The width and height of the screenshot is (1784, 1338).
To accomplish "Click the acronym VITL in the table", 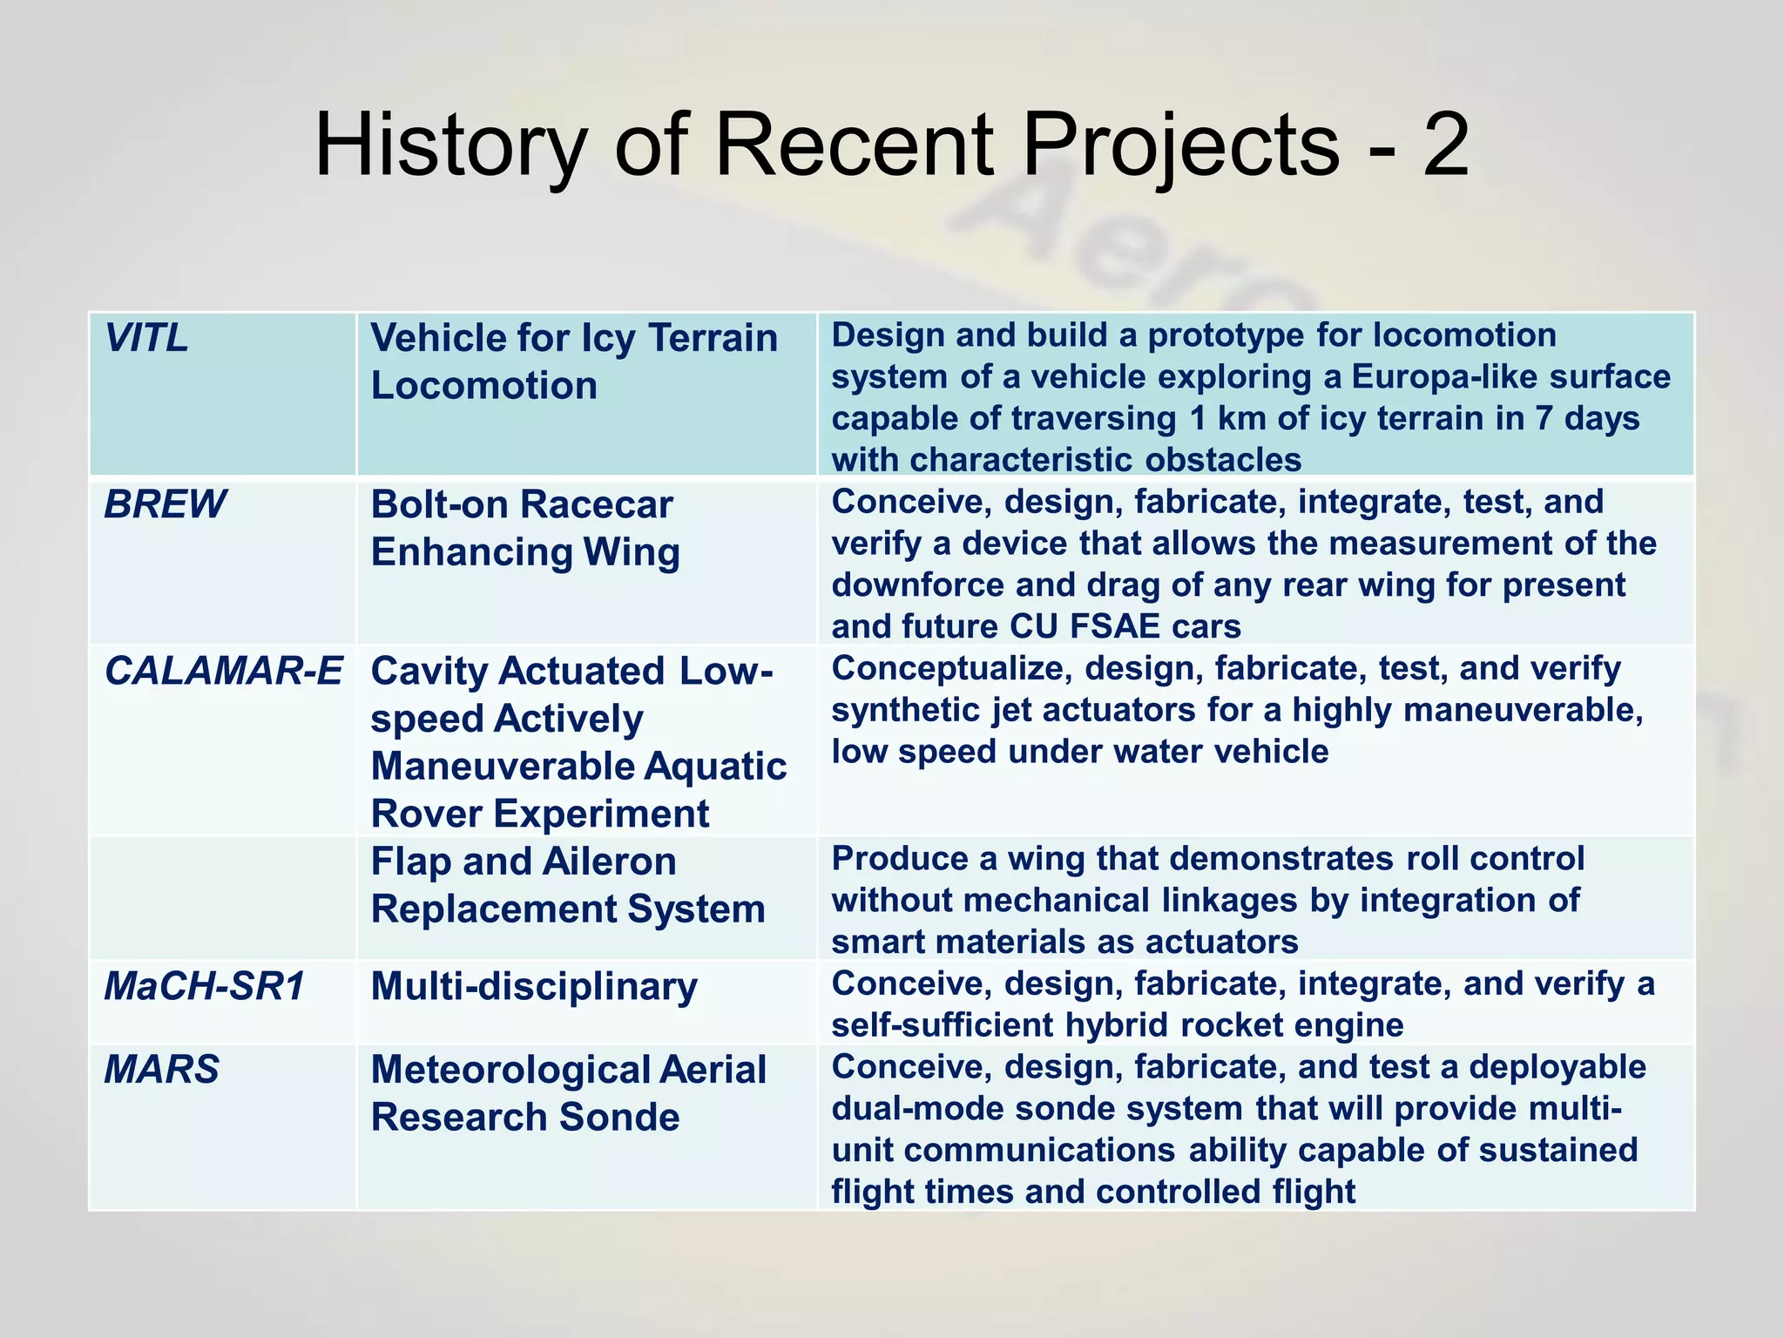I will pyautogui.click(x=146, y=338).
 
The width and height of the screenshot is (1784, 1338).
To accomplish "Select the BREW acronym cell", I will pyautogui.click(x=165, y=504).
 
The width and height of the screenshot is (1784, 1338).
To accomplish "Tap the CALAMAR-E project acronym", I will pyautogui.click(x=223, y=672).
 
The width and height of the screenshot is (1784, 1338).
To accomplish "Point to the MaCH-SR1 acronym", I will pyautogui.click(x=205, y=987).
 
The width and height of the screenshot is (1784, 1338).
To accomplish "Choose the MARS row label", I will pyautogui.click(x=162, y=1070).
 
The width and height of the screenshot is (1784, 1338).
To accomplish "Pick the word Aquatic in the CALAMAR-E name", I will pyautogui.click(x=716, y=767).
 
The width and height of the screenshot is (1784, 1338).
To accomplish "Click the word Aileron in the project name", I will pyautogui.click(x=609, y=862).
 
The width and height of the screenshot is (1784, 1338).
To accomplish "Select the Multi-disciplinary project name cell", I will pyautogui.click(x=534, y=987).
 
